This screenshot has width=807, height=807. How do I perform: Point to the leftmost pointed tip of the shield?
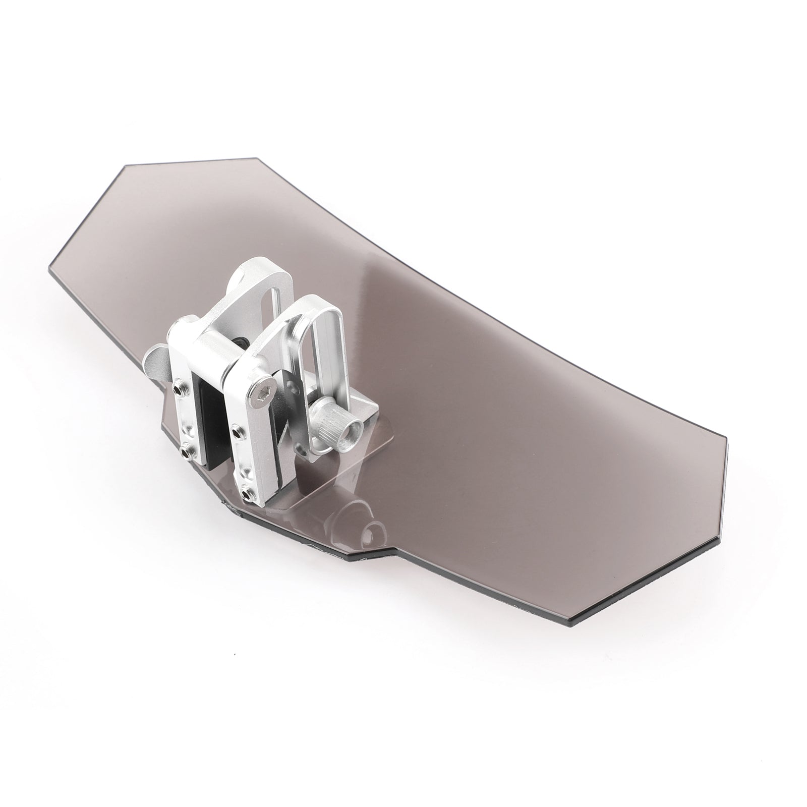click(50, 267)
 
